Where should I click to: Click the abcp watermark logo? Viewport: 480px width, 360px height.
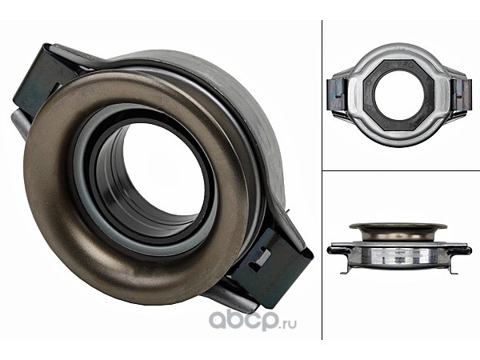pyautogui.click(x=253, y=320)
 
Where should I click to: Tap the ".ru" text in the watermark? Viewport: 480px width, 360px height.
pyautogui.click(x=288, y=323)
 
